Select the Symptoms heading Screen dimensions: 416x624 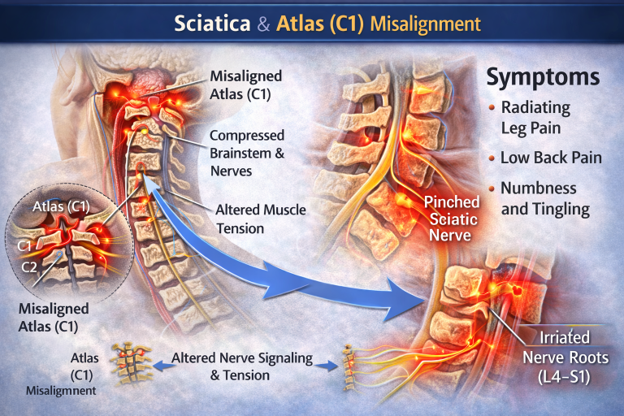[x=543, y=78]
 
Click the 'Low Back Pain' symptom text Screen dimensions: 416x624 [x=551, y=157]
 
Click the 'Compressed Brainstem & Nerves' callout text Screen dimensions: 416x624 [x=247, y=153]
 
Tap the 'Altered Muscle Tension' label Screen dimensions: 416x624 [x=260, y=219]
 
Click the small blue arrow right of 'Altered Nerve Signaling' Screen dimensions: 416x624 [x=325, y=366]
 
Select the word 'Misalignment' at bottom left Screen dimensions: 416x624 [x=60, y=391]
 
